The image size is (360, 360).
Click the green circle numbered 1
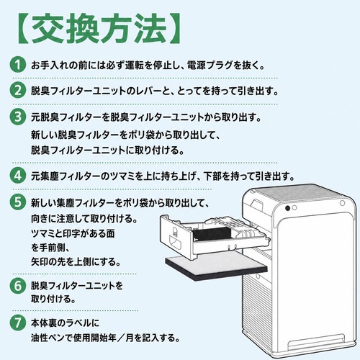(18, 65)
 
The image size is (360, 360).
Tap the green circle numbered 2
(18, 91)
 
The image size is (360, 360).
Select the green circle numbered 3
(18, 117)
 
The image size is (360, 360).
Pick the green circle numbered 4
(18, 176)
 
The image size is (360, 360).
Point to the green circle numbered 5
(18, 202)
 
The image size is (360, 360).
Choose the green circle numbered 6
(18, 286)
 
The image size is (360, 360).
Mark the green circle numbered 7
(18, 323)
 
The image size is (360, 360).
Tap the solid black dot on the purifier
(287, 208)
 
